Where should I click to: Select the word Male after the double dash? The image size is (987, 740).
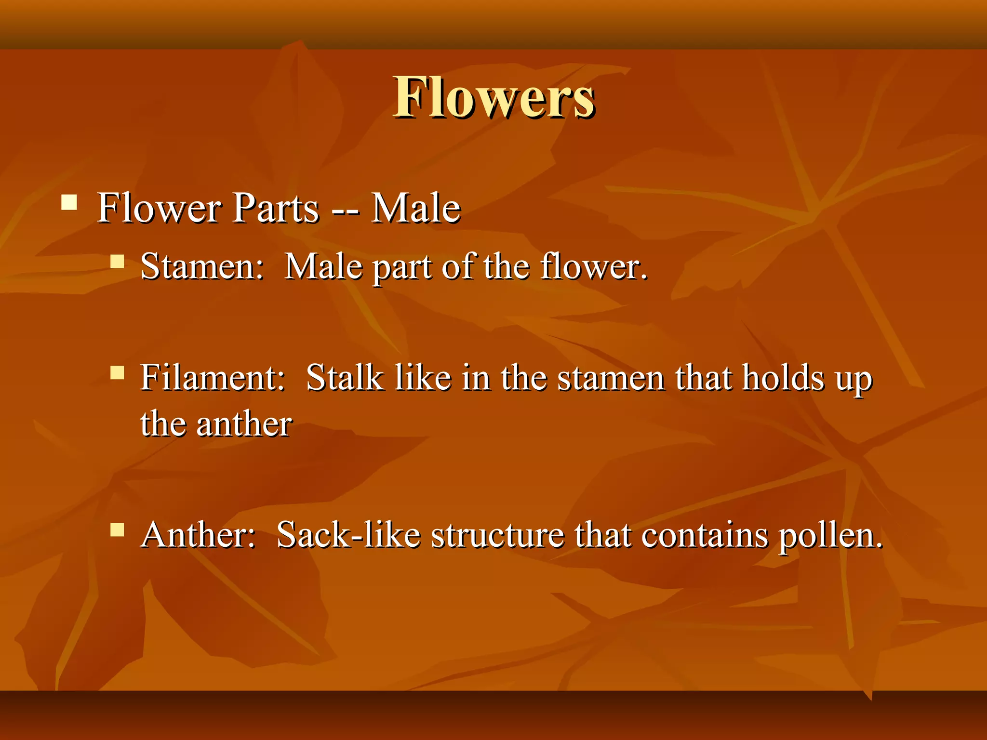tap(415, 208)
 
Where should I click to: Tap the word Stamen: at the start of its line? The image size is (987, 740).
tap(202, 266)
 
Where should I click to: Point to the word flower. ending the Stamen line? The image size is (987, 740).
tap(593, 266)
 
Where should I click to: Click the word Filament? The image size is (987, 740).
tap(213, 377)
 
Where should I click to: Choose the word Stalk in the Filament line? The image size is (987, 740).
tap(345, 377)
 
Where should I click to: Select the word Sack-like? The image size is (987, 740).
tap(348, 535)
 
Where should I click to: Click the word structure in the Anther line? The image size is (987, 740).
tap(497, 535)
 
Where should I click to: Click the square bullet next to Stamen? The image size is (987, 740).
tap(117, 261)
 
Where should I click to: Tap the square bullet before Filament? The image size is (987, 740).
tap(117, 372)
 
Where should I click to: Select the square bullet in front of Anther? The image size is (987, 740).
tap(117, 529)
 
